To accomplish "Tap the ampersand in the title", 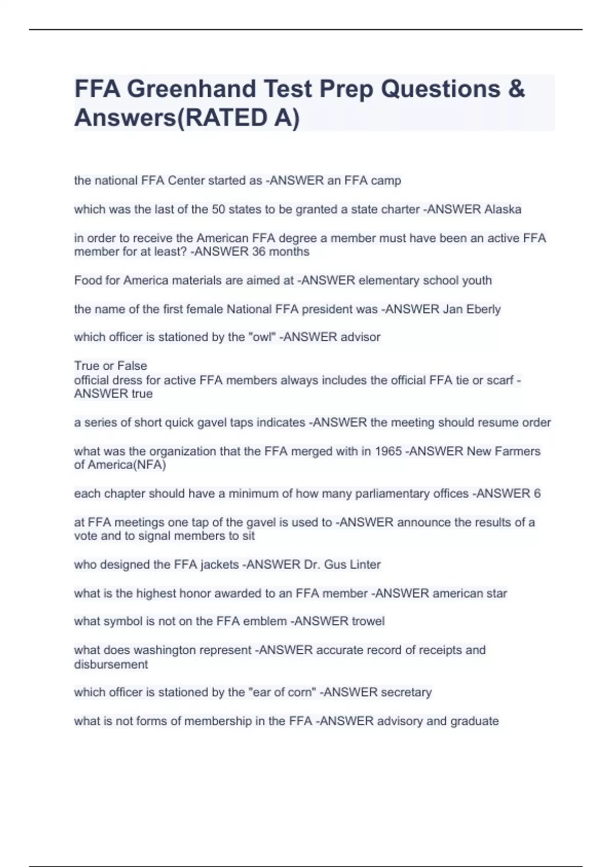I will pyautogui.click(x=516, y=89).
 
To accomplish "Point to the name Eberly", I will pyautogui.click(x=483, y=309).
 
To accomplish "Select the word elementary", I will pyautogui.click(x=387, y=280).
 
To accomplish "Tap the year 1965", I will pyautogui.click(x=388, y=451).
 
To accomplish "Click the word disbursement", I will pyautogui.click(x=111, y=665).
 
